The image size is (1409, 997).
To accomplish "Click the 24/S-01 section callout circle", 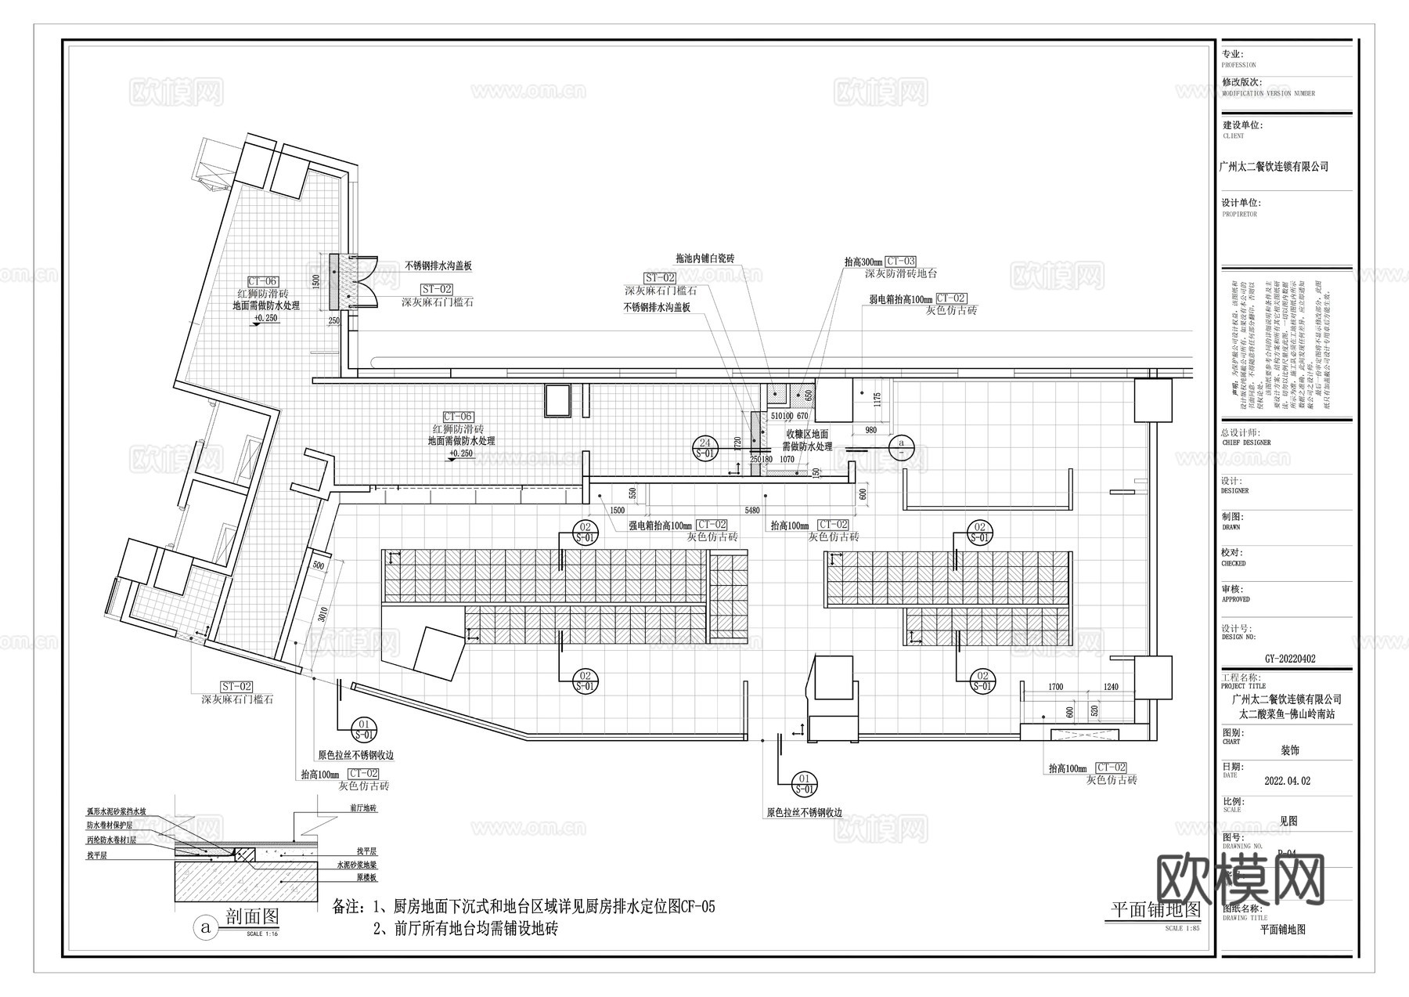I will (705, 448).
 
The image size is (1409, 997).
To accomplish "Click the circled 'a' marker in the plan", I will (901, 444).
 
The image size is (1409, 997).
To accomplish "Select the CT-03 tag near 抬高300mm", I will (900, 262).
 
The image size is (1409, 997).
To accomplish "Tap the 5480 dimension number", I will (751, 511).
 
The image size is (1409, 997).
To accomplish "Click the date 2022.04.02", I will (1287, 781).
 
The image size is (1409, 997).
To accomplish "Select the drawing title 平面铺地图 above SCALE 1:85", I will (1156, 909).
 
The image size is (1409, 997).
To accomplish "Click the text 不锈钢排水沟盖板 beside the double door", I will (438, 266).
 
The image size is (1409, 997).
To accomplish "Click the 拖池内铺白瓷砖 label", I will (704, 258).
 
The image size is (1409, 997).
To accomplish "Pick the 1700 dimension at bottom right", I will (1055, 687).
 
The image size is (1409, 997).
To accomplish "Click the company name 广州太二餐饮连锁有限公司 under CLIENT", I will (1274, 167).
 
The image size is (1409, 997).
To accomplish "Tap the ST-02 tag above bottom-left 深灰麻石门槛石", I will (236, 687).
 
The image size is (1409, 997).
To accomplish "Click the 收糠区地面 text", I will (807, 435).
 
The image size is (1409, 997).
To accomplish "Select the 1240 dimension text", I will (1111, 687).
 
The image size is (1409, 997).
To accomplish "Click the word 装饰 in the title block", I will (1289, 750).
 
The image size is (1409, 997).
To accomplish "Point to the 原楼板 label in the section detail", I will (346, 879).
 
